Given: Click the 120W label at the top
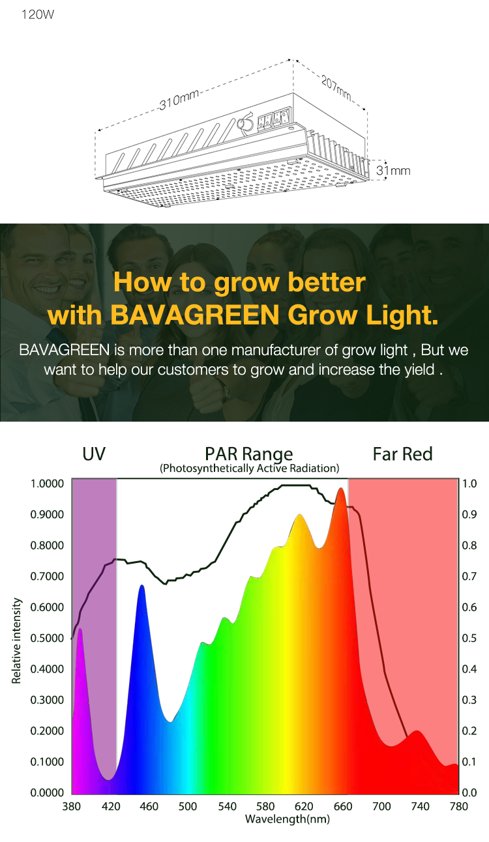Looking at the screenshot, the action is tap(38, 14).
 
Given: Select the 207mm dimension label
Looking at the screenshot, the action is tap(336, 88).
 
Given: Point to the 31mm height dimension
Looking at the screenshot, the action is tap(393, 171).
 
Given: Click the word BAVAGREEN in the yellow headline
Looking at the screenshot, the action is tap(195, 315).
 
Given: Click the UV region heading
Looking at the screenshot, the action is tap(94, 454).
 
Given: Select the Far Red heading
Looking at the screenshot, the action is tap(402, 454).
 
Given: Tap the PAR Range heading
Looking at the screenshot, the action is tap(248, 454).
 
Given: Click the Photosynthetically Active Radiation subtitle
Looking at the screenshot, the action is tap(249, 469).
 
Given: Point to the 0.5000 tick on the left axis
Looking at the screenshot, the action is tap(47, 638).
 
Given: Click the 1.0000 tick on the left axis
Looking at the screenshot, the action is tap(47, 484).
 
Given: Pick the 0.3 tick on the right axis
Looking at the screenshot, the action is tap(469, 700).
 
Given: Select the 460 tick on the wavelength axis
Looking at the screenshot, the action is tap(149, 806).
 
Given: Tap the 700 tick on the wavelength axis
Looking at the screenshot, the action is tap(381, 806).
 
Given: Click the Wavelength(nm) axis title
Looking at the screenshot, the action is tap(288, 819).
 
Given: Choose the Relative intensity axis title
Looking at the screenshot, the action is tap(16, 641).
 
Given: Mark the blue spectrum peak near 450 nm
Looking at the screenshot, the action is tap(142, 587).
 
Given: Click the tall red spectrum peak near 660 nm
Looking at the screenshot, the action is tap(341, 489).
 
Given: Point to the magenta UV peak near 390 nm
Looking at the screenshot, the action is tap(80, 630).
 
